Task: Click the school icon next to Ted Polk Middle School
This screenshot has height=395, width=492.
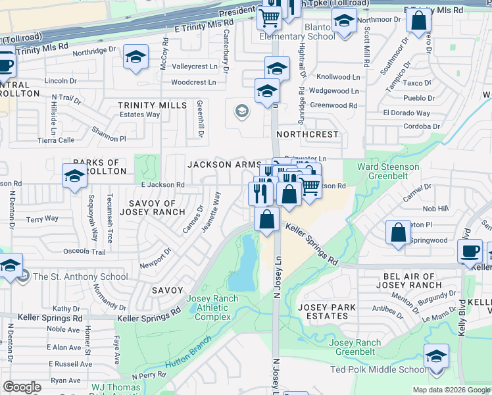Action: (x=436, y=357)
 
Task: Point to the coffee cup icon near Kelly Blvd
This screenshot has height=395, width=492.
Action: (x=471, y=251)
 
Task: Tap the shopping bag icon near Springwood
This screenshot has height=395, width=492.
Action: (x=399, y=232)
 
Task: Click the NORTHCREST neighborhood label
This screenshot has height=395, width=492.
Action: (x=307, y=134)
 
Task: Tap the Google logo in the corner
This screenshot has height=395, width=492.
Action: (x=22, y=387)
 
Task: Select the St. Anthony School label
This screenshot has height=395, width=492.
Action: (x=80, y=276)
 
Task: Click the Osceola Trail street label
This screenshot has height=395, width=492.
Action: (x=84, y=252)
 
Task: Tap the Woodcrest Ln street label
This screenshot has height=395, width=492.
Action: (x=193, y=82)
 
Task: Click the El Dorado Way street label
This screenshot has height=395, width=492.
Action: (x=406, y=113)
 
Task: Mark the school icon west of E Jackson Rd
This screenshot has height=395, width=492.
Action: (x=75, y=176)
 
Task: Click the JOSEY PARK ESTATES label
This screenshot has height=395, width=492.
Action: (x=327, y=311)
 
